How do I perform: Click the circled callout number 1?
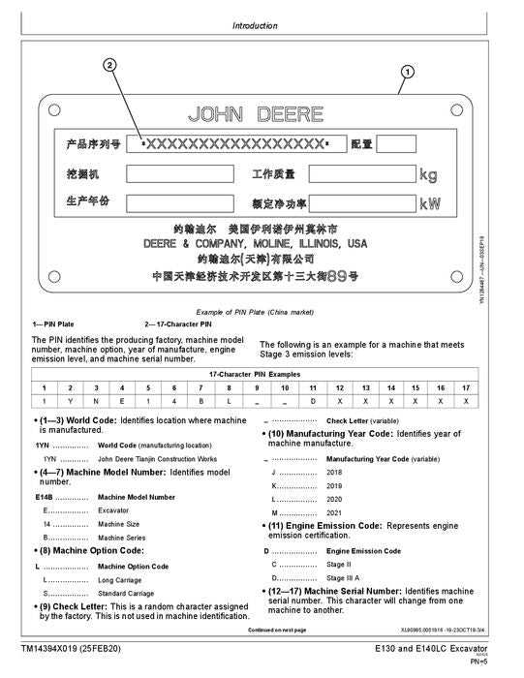point(407,71)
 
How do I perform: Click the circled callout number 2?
point(110,65)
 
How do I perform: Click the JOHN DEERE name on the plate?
point(256,114)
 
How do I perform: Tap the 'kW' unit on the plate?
point(429,204)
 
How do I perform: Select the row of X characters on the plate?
point(234,144)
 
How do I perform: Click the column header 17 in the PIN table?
point(466,387)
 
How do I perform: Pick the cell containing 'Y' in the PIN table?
point(70,400)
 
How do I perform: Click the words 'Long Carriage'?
point(120,579)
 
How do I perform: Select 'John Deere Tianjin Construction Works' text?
point(157,458)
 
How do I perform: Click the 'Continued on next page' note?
point(277,630)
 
